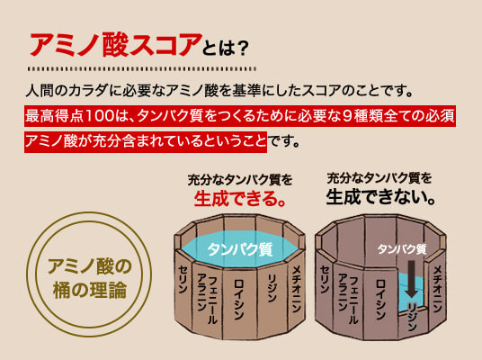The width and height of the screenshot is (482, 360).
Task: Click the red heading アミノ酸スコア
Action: (x=115, y=45)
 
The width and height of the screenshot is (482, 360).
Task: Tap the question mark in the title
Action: (x=243, y=49)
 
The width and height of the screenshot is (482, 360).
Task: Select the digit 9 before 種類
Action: (x=347, y=116)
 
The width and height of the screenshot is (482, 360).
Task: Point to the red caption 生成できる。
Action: (x=240, y=198)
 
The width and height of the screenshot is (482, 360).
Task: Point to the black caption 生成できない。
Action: (x=380, y=196)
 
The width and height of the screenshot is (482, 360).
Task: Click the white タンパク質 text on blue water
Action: (x=240, y=248)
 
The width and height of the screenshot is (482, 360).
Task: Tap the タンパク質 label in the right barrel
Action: (x=402, y=248)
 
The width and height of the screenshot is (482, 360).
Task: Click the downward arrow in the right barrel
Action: (x=411, y=279)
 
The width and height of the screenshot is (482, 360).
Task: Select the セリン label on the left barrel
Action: (x=183, y=279)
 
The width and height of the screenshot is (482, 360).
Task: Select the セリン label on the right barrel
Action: (x=325, y=279)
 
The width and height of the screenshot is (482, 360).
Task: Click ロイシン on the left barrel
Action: (x=239, y=299)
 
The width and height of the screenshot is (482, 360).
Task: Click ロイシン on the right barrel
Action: (x=380, y=300)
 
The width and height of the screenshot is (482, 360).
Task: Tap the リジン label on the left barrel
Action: (x=272, y=288)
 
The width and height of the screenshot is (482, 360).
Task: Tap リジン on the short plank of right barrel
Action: (x=412, y=317)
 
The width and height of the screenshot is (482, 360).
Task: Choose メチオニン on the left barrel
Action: (x=296, y=289)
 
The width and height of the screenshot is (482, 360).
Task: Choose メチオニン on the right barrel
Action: (x=437, y=289)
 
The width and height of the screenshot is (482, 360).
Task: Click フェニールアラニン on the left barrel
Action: (x=207, y=298)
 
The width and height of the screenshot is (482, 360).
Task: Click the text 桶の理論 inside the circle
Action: (x=90, y=290)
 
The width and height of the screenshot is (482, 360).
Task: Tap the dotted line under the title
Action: (x=142, y=68)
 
